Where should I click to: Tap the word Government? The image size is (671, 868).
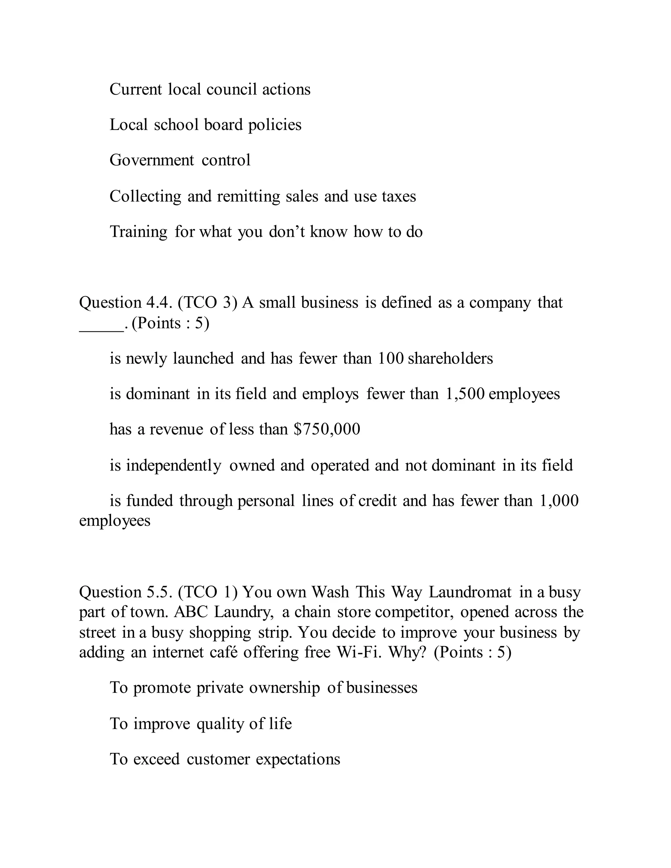pos(152,160)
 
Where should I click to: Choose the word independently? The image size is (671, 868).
pos(173,465)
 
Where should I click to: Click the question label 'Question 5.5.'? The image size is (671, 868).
pos(125,592)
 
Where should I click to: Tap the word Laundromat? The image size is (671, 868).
pos(470,592)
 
